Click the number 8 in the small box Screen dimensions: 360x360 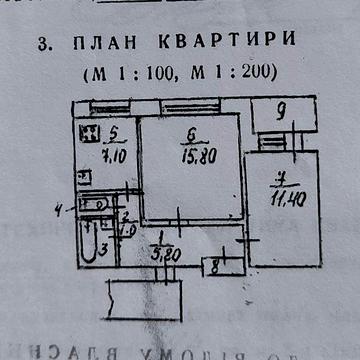(214, 267)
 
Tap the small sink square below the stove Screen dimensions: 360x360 (86, 177)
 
